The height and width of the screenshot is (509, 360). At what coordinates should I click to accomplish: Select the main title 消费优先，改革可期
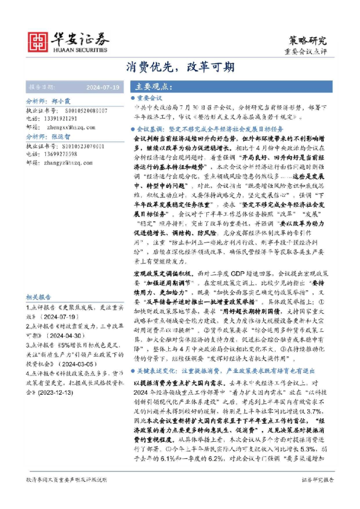180,66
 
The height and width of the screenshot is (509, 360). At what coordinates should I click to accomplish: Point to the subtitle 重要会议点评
306,52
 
